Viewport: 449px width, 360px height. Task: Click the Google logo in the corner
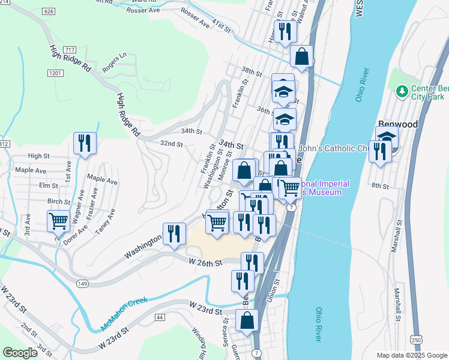[x=20, y=353]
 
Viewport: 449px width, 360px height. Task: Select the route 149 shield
[x=83, y=283]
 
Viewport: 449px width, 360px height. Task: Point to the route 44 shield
[x=159, y=316]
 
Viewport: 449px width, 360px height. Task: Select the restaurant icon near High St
[x=84, y=143]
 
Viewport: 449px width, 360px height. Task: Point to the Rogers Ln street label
[x=115, y=62]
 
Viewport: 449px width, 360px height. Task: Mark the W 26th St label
[x=205, y=262]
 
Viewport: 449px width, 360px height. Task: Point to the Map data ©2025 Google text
[x=411, y=355]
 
